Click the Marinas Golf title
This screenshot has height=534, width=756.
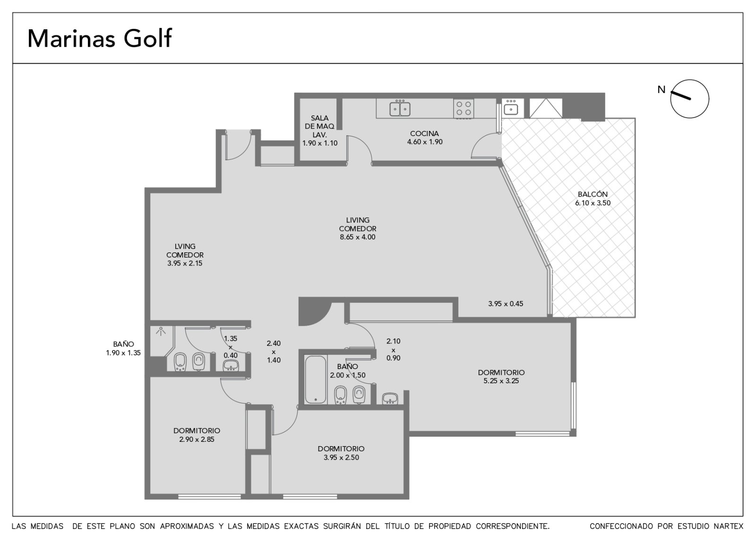coord(100,38)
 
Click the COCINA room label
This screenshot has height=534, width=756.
coord(425,133)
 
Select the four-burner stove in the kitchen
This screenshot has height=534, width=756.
coord(464,108)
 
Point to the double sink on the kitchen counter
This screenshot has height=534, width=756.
coord(400,108)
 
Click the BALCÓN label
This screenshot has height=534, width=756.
coord(593,194)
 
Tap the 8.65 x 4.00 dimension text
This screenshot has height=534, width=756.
coord(358,237)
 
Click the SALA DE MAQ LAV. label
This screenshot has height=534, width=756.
coord(319,126)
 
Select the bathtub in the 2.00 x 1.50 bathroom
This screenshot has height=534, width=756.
coord(316,379)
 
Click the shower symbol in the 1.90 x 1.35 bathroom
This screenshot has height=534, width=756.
coord(161,331)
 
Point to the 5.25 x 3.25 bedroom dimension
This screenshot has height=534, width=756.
coord(501,381)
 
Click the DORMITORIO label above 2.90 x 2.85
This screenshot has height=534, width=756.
coord(197,431)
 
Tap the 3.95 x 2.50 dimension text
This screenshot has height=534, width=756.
coord(341,457)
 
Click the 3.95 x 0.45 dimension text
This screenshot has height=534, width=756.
coord(506,303)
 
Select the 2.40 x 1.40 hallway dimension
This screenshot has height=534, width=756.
coord(274,352)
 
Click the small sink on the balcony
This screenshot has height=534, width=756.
coord(511,108)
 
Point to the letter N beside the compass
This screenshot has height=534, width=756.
coord(661,89)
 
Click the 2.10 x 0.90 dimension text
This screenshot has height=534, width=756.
coord(394,349)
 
